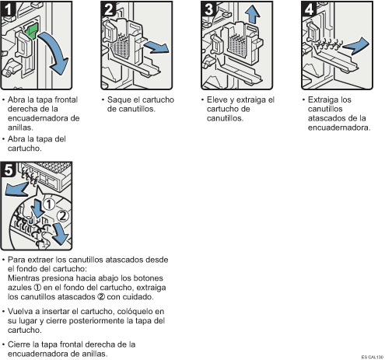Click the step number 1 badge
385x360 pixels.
[8, 9]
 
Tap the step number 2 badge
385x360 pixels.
[108, 9]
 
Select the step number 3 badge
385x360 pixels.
[208, 9]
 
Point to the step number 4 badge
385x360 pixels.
[309, 9]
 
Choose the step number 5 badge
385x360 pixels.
[8, 170]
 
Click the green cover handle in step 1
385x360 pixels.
[32, 31]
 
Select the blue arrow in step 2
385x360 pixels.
[157, 47]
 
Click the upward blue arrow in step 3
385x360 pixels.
[252, 14]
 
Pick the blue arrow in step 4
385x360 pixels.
[356, 46]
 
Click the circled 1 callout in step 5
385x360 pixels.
[48, 204]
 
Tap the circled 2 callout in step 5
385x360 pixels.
[62, 215]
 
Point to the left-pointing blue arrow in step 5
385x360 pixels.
[16, 188]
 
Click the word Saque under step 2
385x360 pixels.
[118, 100]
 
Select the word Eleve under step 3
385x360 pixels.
[217, 100]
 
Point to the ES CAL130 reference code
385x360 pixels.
[373, 357]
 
